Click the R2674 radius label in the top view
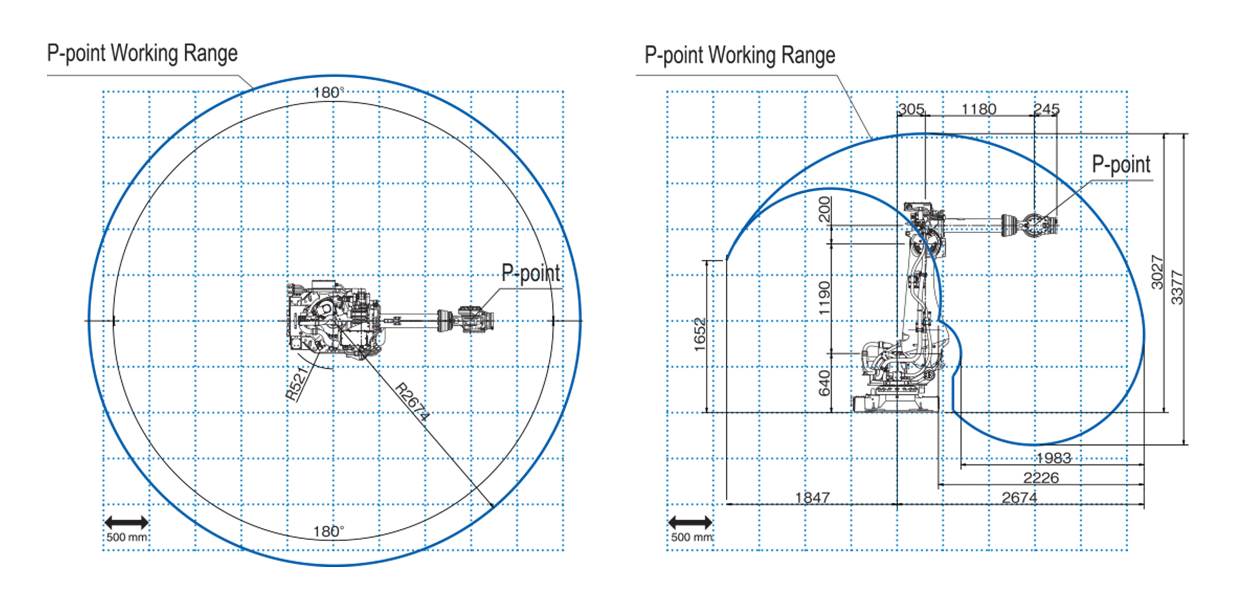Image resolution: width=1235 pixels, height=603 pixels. pos(412,402)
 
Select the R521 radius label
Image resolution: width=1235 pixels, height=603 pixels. pos(297,383)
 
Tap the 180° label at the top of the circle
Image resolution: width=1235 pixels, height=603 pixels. pos(329,92)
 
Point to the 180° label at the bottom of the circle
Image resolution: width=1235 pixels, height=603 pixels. pos(329,531)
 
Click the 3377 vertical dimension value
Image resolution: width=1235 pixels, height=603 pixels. pos(1178,288)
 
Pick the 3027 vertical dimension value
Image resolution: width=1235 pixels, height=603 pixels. pos(1157,272)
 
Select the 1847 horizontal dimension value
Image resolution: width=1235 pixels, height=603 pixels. pos(813,497)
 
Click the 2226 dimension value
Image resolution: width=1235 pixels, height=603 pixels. pos(1041,477)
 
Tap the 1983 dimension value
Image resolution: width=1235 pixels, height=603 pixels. pos(1054,458)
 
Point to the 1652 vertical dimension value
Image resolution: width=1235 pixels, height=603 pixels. pos(700,335)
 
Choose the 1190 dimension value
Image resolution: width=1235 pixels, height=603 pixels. pos(824,298)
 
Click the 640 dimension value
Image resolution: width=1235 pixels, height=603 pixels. pos(824,384)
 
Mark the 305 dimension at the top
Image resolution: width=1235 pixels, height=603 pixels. pos(911,109)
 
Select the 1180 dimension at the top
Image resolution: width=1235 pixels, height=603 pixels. pos(979,109)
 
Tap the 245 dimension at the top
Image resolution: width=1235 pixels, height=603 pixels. pos(1047,109)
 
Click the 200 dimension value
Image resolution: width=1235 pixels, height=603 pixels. pos(824,209)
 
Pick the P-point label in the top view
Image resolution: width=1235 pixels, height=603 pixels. pos(531,273)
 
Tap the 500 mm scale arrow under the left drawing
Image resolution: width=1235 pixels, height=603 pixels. pos(126,522)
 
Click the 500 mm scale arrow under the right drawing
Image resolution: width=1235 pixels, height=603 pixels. pos(690,522)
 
